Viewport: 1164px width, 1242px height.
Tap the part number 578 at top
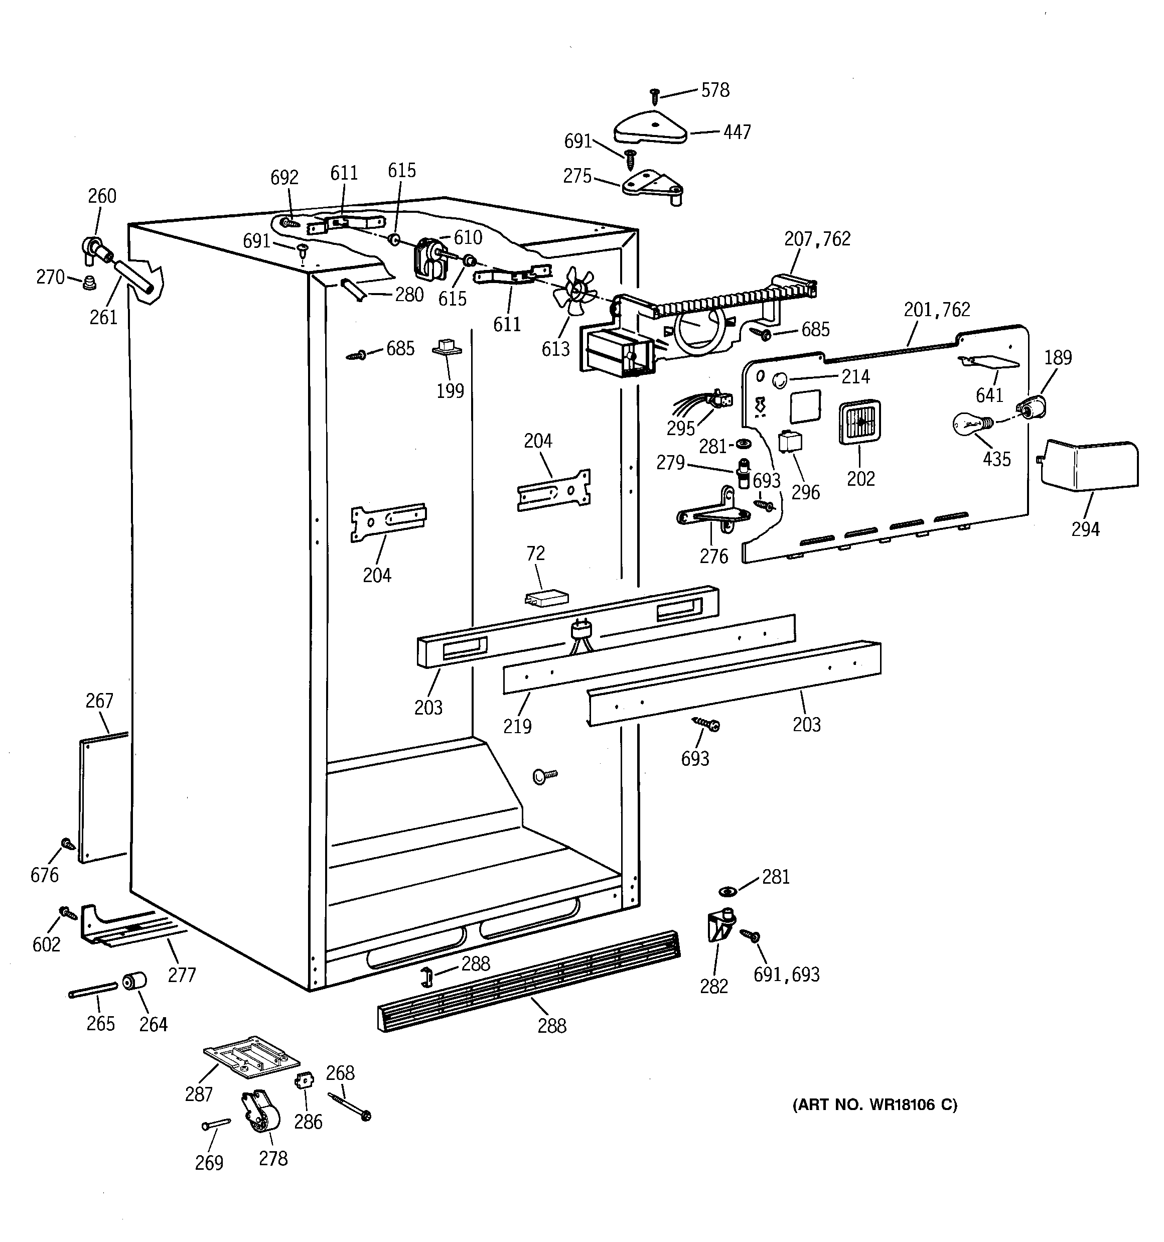715,91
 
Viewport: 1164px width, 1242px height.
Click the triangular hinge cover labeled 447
650,128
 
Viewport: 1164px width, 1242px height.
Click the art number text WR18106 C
874,1105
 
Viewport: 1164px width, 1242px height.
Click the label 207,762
817,239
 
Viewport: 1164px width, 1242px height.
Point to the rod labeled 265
92,990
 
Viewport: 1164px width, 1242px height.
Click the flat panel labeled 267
103,798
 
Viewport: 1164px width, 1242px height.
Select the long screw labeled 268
349,1107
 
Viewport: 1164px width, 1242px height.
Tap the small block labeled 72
546,598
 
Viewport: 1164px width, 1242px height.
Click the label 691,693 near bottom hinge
786,974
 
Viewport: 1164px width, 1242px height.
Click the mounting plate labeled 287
251,1056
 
